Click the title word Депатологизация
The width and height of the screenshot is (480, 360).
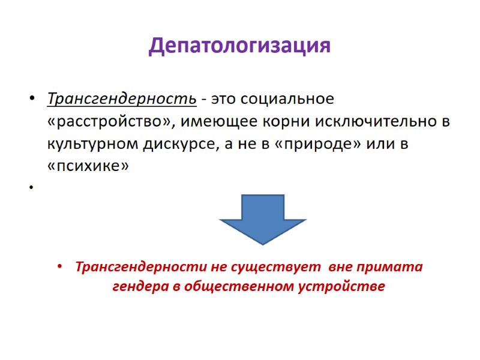tap(239, 46)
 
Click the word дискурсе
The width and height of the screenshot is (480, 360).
tap(187, 145)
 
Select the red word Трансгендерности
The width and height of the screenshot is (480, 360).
tap(135, 267)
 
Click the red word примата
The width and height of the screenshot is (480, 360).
tap(392, 267)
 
